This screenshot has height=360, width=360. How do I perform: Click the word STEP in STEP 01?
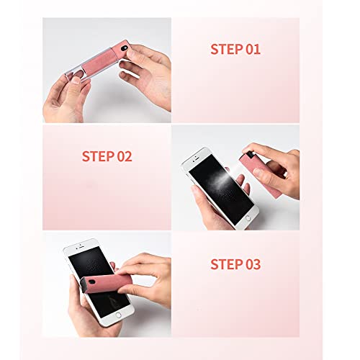(228, 50)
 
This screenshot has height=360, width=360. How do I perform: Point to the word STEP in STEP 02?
(98, 156)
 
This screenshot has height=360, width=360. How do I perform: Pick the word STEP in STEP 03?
(228, 264)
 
